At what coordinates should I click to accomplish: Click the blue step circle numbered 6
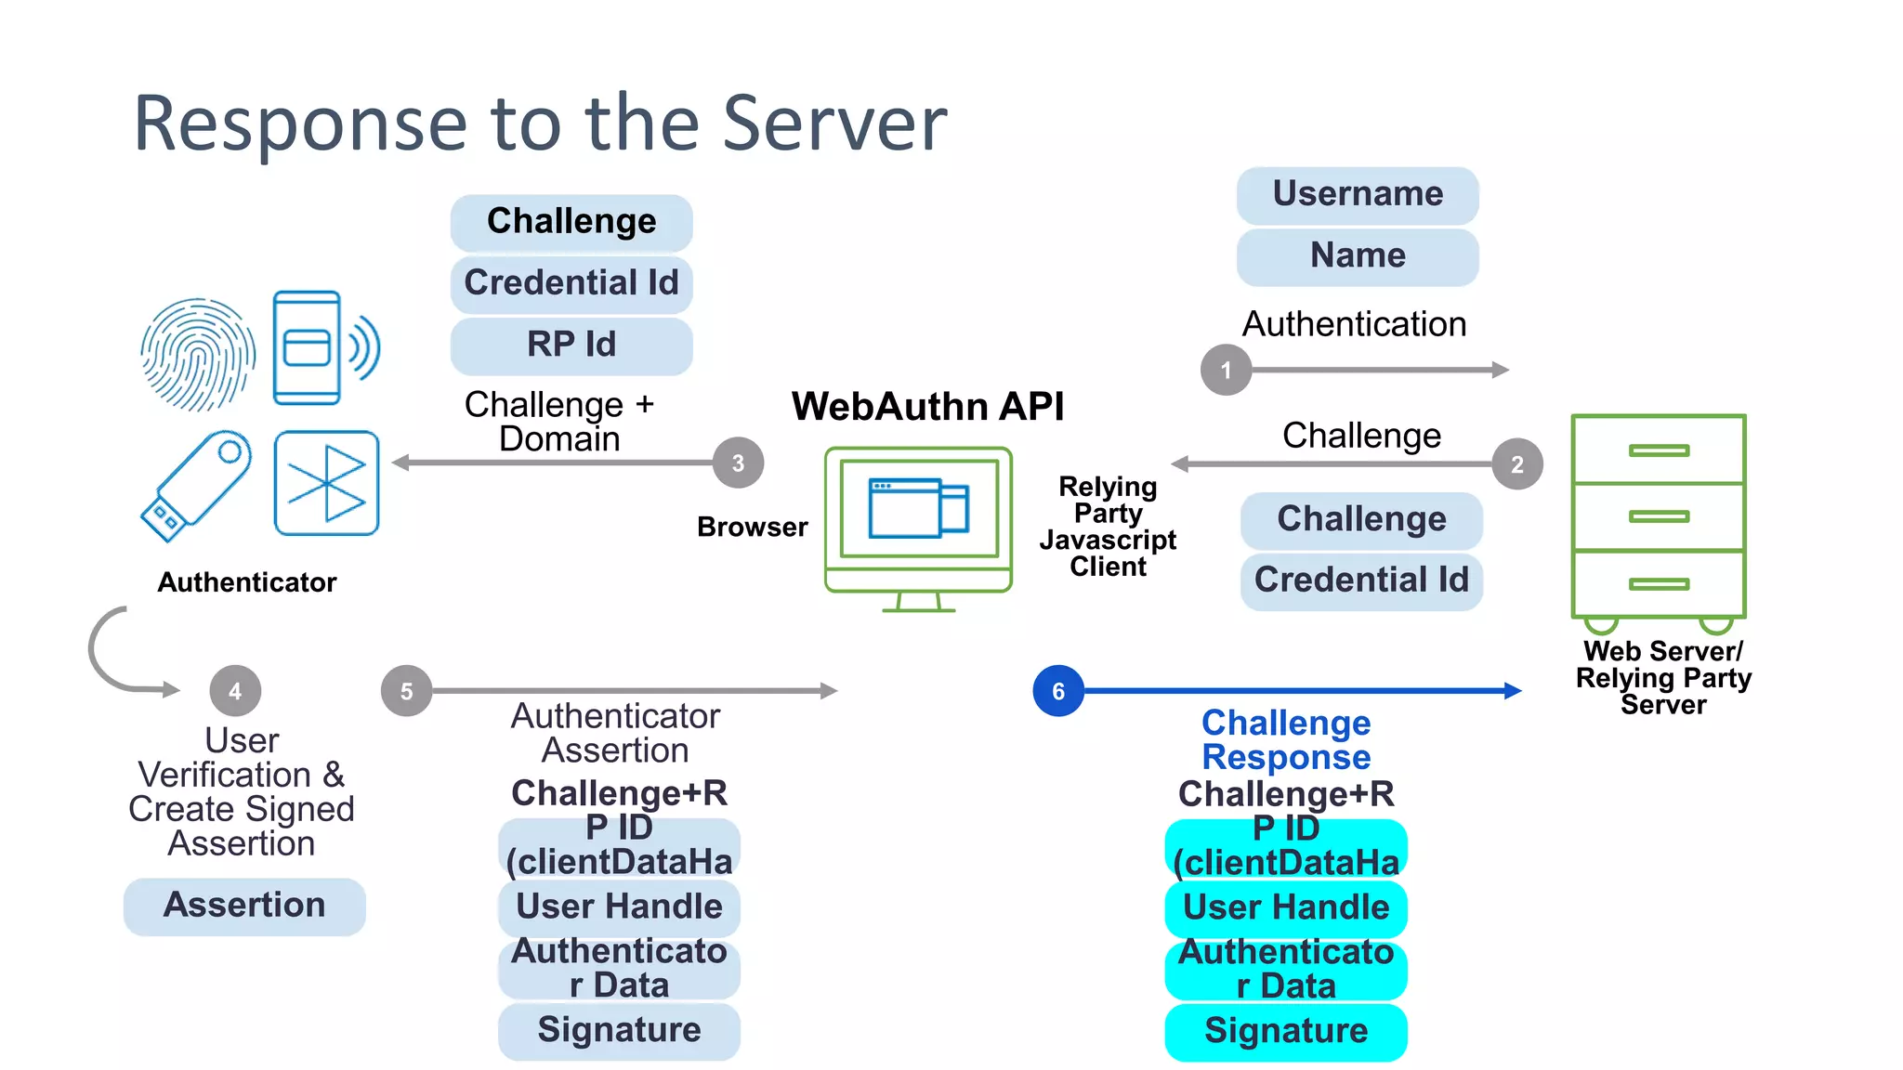tap(1057, 691)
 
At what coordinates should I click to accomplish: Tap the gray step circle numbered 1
tap(1226, 370)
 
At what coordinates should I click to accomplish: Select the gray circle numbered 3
tap(738, 463)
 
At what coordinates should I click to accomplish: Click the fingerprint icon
tap(198, 354)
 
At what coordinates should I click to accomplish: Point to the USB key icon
tap(196, 485)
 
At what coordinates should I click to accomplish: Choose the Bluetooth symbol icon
tap(326, 483)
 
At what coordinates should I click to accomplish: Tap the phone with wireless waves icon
tap(321, 348)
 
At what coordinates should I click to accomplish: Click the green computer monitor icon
tap(918, 527)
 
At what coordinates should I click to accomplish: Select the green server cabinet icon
tap(1659, 520)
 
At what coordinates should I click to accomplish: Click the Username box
tap(1358, 194)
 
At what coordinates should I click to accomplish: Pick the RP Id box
tap(571, 345)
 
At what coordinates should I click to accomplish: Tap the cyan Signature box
tap(1286, 1031)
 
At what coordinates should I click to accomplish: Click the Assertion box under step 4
tap(244, 906)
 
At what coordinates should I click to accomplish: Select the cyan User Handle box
tap(1286, 907)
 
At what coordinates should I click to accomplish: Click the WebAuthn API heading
tap(927, 406)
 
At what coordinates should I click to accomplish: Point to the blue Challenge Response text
tap(1286, 740)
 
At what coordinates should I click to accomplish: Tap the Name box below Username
tap(1358, 255)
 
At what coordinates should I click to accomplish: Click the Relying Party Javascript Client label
tap(1108, 527)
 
